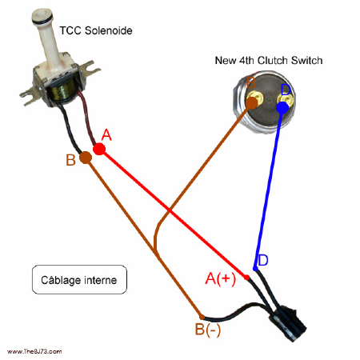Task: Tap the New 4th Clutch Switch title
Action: pos(269,61)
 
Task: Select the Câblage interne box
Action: pos(79,281)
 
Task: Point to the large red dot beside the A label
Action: pos(99,149)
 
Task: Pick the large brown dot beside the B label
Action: pos(86,158)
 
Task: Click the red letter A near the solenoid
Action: pos(106,136)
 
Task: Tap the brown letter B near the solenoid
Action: pos(70,160)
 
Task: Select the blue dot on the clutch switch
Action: pos(282,107)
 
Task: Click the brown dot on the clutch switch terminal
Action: pos(254,102)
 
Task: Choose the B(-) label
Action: pos(207,329)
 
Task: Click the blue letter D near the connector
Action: pos(262,261)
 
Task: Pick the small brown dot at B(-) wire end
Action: pos(201,315)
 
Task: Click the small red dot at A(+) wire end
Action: pos(247,278)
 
